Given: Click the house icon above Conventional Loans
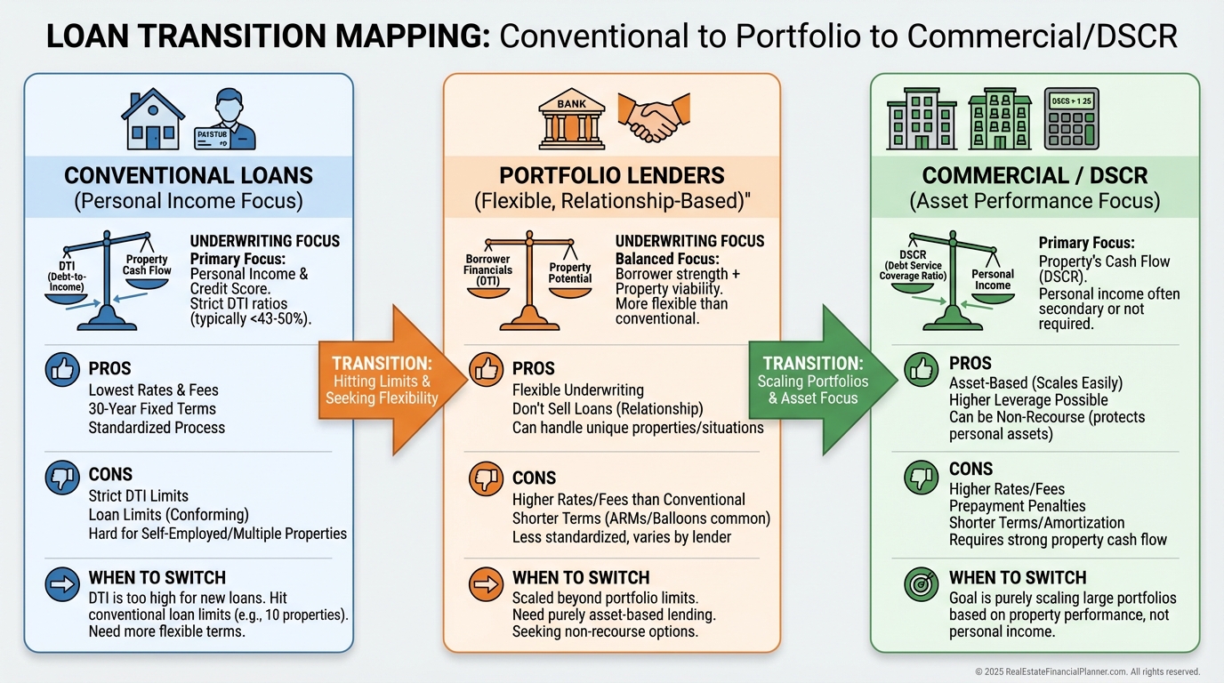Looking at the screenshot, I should point(153,118).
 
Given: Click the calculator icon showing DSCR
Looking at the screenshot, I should point(1071,117).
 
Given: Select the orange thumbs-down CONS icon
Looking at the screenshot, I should point(486,480).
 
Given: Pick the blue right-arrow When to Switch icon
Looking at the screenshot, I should point(62,583).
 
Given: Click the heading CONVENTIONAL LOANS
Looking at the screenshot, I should point(188,175).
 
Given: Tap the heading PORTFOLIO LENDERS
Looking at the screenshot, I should point(612,175).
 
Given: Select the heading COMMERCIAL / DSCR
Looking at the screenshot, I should point(1035,175).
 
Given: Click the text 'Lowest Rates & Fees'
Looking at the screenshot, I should point(153,390).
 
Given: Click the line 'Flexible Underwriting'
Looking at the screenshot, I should point(577,390).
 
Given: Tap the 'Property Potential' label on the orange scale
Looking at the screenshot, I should point(570,273).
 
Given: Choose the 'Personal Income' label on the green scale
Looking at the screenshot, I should point(993,280).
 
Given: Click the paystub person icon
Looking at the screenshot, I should point(225,118).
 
